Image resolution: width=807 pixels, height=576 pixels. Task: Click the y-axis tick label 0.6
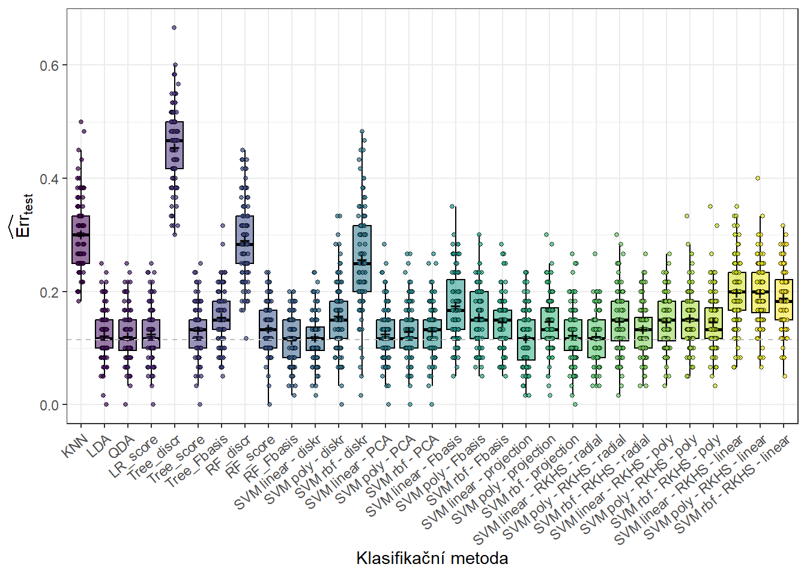[49, 65]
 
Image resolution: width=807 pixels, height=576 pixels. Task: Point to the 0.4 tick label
[49, 179]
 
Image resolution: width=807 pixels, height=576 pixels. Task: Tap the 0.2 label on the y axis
[49, 292]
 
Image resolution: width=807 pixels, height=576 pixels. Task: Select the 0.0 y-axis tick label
[49, 406]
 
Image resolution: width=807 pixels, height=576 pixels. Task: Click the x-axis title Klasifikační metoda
[432, 558]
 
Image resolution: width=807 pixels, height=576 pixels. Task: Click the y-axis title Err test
[22, 216]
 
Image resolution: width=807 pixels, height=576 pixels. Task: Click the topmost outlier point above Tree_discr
[174, 28]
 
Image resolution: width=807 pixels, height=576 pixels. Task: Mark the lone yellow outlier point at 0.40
[758, 178]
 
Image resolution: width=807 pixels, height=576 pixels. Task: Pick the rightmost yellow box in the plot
[784, 299]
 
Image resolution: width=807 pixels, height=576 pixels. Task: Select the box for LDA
[104, 334]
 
